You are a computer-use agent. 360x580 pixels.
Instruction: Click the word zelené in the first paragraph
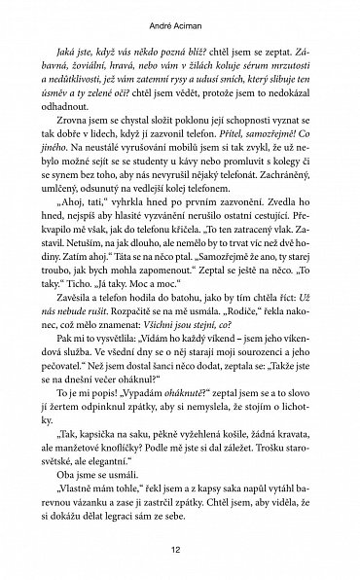click(122, 111)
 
